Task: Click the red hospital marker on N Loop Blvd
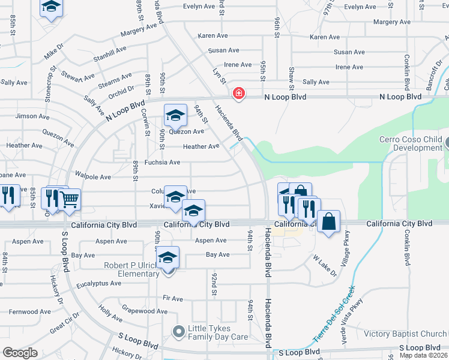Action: (239, 94)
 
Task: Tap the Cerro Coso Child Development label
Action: (411, 144)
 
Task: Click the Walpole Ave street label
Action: (93, 177)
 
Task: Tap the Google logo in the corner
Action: (20, 353)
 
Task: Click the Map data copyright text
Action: (424, 355)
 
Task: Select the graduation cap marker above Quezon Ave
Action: (175, 115)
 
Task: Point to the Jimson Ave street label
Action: (29, 116)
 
